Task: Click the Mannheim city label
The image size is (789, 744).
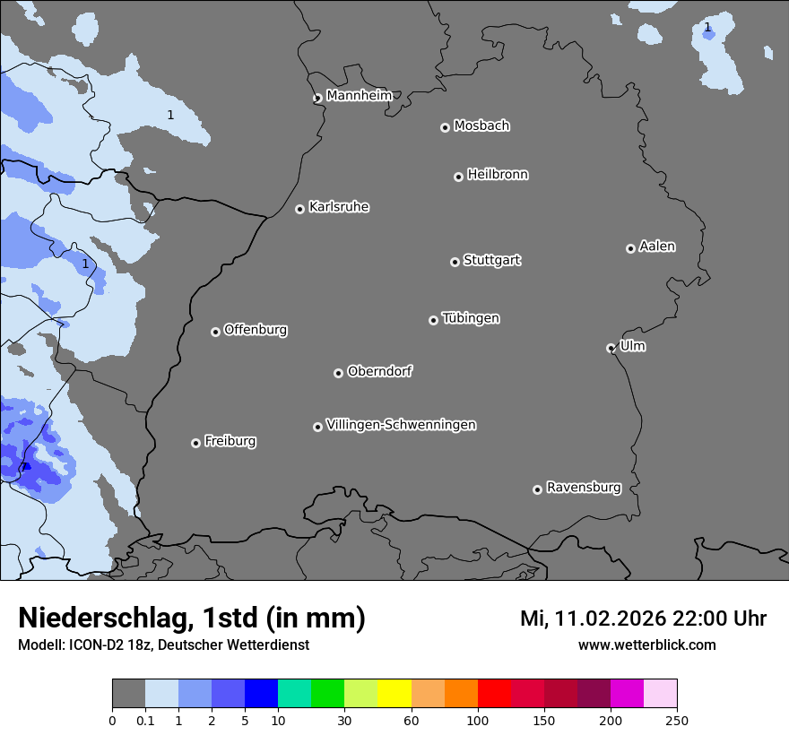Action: [x=359, y=95]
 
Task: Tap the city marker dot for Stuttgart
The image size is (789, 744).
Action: [x=455, y=262]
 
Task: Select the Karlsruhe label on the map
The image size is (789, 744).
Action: [x=339, y=207]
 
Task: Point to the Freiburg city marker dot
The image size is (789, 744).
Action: [x=195, y=443]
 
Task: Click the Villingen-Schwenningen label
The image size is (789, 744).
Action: [x=401, y=425]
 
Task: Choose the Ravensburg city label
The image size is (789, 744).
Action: [x=584, y=488]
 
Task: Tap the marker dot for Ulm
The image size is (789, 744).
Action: [x=611, y=348]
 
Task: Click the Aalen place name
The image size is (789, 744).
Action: [x=657, y=247]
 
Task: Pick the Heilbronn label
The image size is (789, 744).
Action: [x=498, y=175]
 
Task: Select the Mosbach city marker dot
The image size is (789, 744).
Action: [x=445, y=127]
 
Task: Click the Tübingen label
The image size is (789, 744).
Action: [x=471, y=318]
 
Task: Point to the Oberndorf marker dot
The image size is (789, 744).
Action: [x=338, y=373]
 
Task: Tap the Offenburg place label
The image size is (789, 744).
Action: [x=256, y=330]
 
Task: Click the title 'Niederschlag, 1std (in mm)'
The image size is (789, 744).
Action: [x=192, y=618]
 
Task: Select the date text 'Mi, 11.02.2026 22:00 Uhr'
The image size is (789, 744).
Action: [x=643, y=619]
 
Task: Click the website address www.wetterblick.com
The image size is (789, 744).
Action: [x=646, y=645]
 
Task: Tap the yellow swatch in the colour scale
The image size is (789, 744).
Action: [x=394, y=694]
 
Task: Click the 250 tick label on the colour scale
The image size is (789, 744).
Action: [x=677, y=720]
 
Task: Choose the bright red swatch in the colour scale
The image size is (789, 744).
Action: [x=494, y=694]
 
